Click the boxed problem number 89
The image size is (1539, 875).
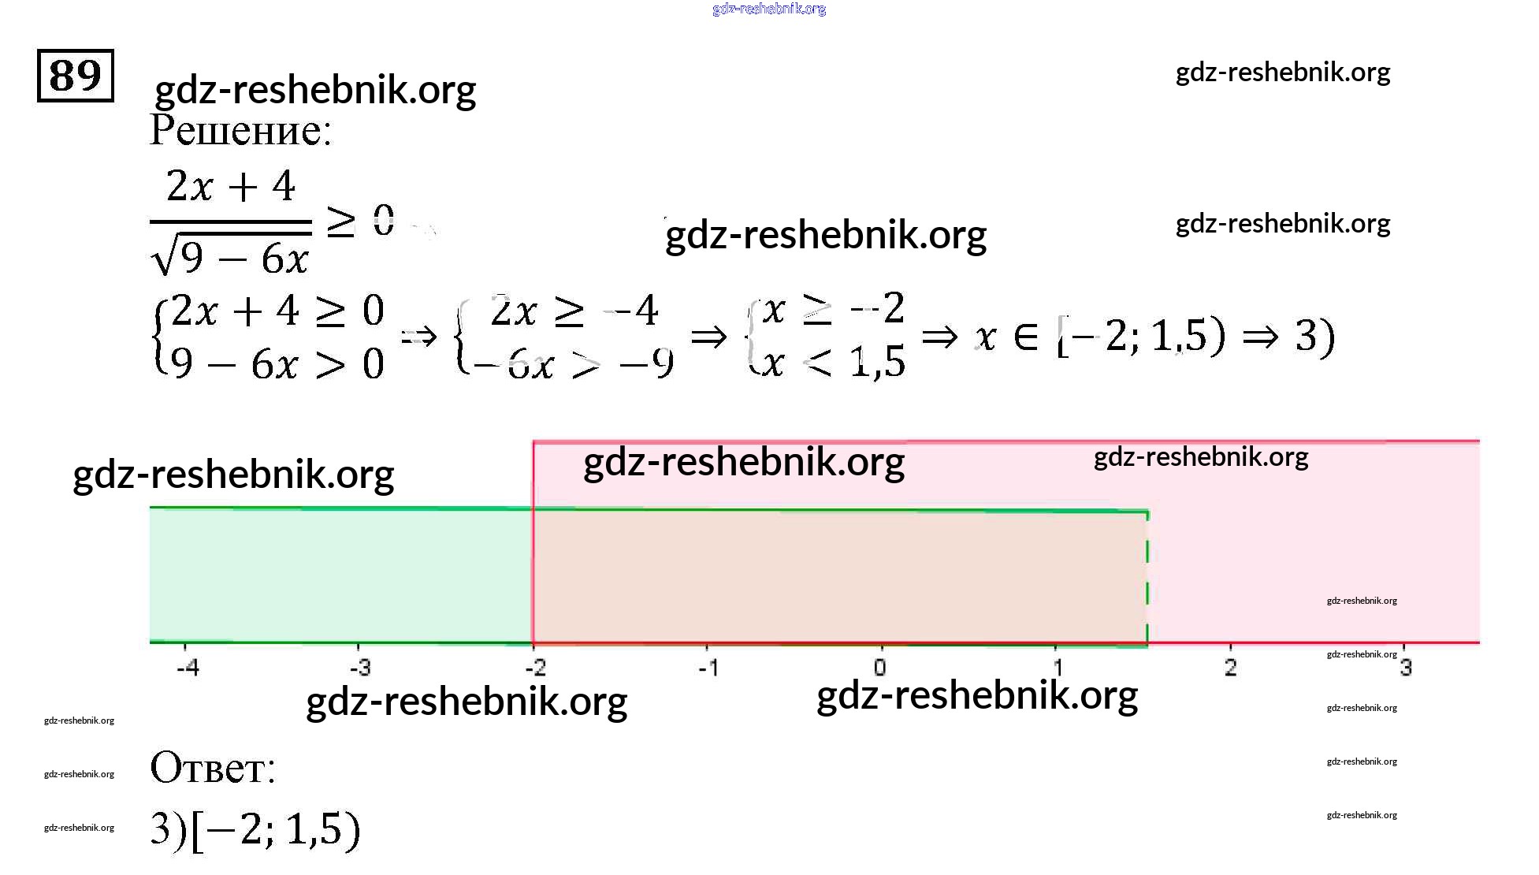(76, 76)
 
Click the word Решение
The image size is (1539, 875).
(240, 130)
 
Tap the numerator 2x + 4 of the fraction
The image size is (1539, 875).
(231, 187)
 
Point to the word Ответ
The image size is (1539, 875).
(212, 767)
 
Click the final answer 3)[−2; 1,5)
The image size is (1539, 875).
(255, 829)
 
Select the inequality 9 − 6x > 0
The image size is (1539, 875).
(277, 364)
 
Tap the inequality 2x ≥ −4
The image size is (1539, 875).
(574, 310)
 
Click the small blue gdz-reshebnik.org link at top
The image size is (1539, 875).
(768, 9)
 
